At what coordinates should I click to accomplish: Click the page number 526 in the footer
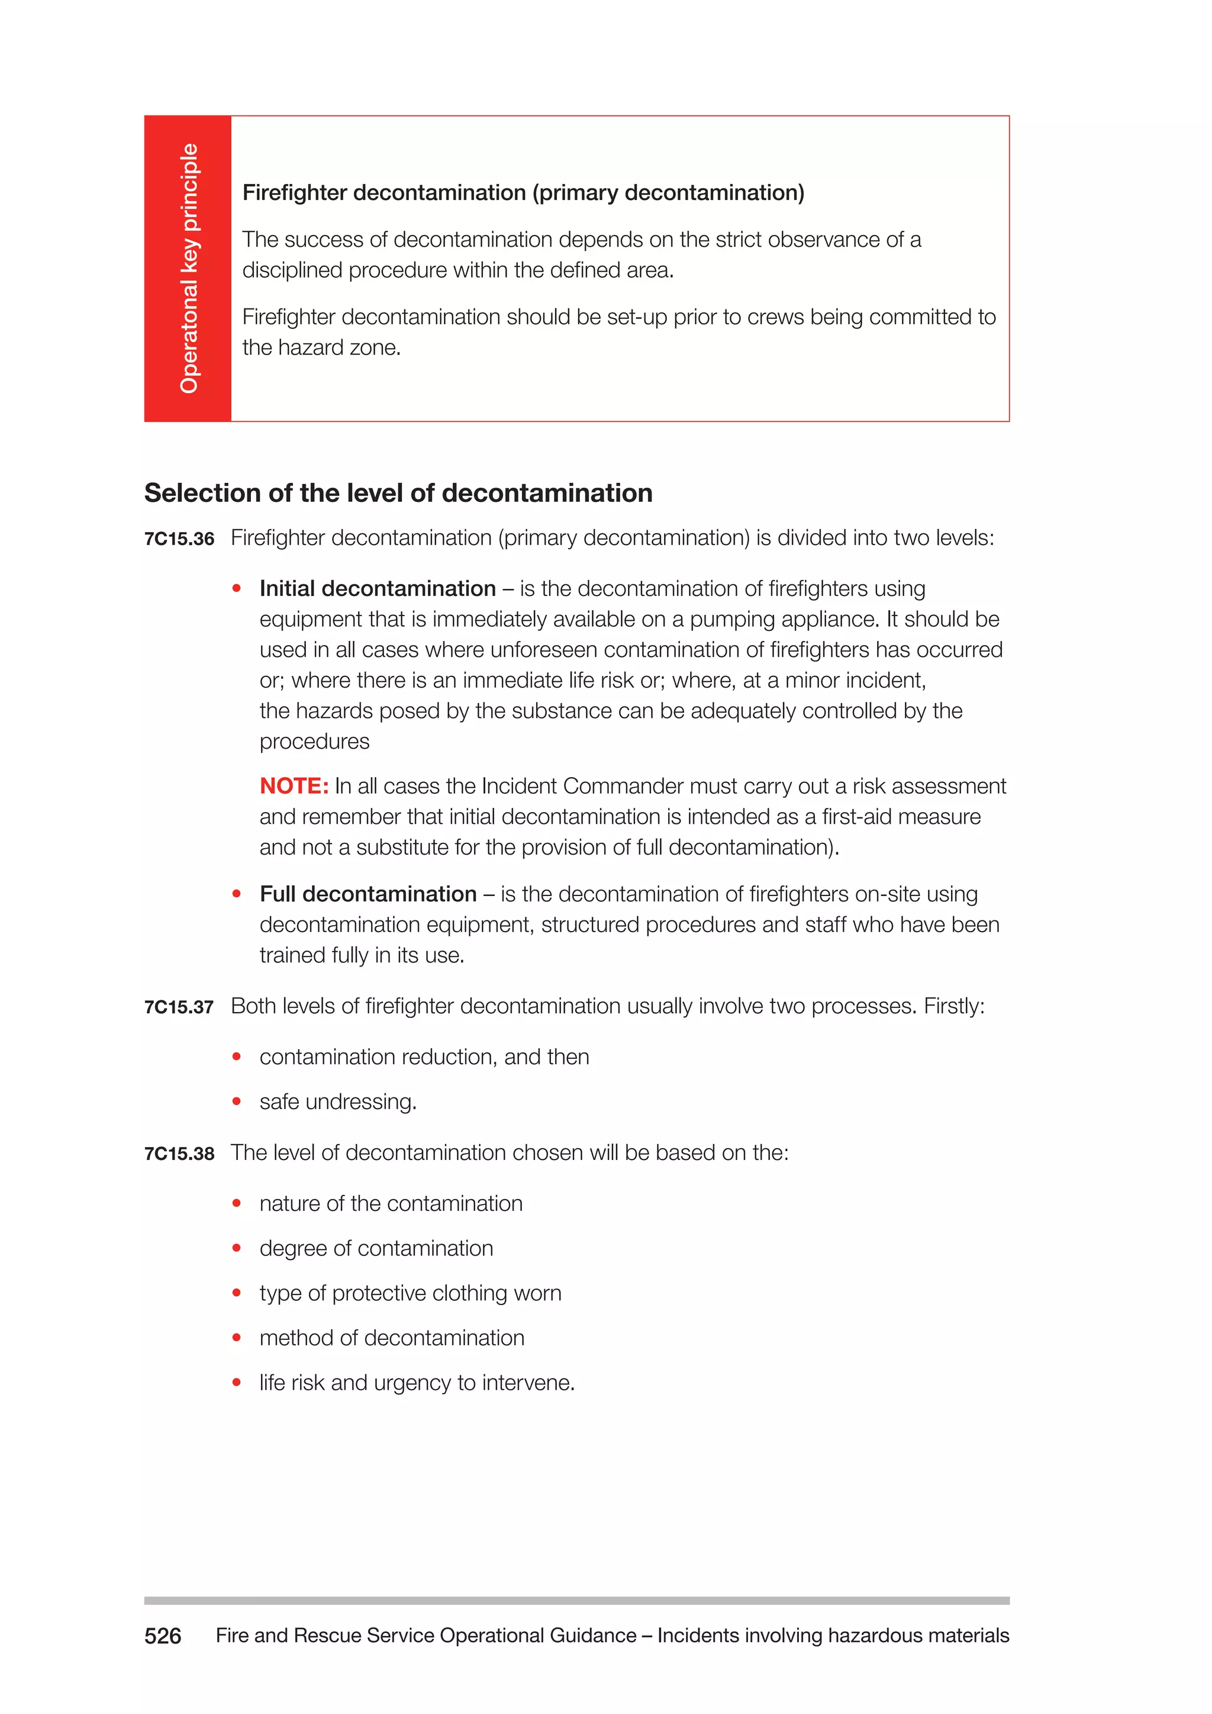[163, 1636]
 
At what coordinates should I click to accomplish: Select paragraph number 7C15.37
[179, 1007]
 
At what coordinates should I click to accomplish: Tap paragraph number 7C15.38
[179, 1154]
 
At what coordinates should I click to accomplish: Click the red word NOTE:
[294, 786]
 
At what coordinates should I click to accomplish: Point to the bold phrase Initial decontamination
[378, 589]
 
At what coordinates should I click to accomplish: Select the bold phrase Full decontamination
[368, 894]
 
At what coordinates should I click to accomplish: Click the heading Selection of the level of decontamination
[398, 494]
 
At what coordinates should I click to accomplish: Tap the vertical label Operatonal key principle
[189, 269]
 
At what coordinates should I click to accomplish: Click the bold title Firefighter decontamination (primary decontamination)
[523, 192]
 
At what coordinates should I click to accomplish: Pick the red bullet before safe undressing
[237, 1101]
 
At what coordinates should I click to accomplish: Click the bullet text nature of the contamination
[391, 1203]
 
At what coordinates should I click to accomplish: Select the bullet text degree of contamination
[376, 1248]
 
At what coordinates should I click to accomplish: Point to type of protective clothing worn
[411, 1293]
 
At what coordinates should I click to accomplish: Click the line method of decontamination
[392, 1338]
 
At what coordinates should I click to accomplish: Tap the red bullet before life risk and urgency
[237, 1382]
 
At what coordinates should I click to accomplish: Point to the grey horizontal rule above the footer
[576, 1600]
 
